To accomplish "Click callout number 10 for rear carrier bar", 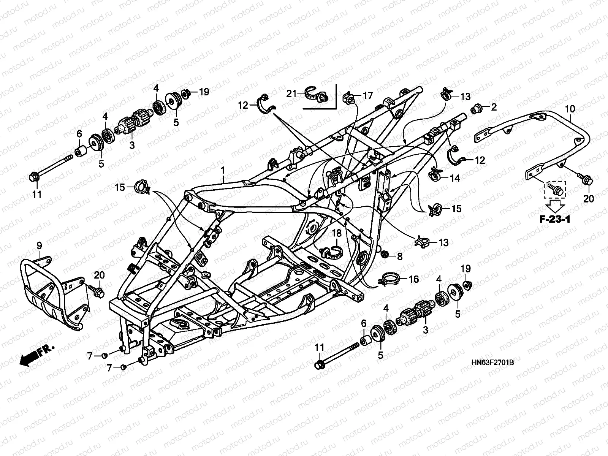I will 570,109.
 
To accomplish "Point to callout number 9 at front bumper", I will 39,246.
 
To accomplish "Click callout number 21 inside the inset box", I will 291,93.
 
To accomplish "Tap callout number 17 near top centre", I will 367,96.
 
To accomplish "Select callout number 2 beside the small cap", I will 493,108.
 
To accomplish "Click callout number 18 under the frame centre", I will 337,233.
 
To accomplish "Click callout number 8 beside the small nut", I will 399,256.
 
